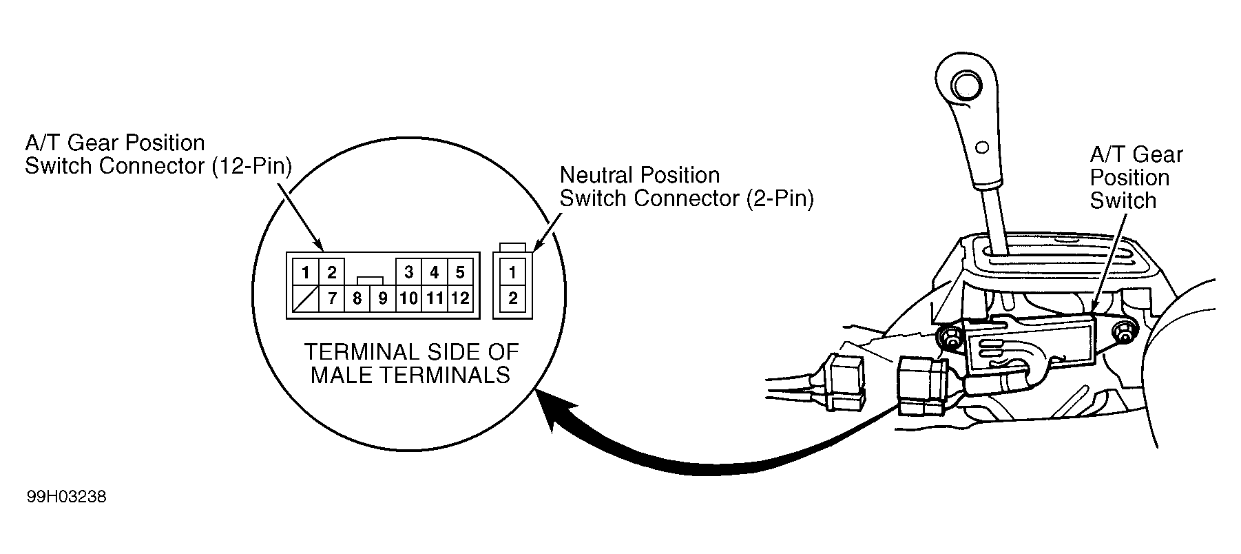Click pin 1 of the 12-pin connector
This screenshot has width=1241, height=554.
pyautogui.click(x=304, y=273)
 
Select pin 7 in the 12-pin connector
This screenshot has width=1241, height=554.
pyautogui.click(x=331, y=299)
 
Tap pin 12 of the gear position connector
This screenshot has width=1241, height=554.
pyautogui.click(x=460, y=299)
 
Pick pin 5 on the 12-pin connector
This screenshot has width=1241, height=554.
pyautogui.click(x=460, y=273)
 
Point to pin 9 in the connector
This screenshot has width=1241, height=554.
pyautogui.click(x=383, y=299)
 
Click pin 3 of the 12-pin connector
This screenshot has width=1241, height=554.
pyautogui.click(x=408, y=273)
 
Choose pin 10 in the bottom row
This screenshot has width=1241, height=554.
pyautogui.click(x=408, y=299)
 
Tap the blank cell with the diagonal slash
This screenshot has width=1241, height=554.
pyautogui.click(x=304, y=299)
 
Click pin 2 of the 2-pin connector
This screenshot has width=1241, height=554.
pyautogui.click(x=512, y=299)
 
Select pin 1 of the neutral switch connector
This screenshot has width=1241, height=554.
pyautogui.click(x=512, y=273)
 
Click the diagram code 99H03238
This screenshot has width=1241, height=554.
pyautogui.click(x=67, y=497)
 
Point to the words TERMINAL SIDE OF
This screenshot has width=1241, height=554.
pyautogui.click(x=411, y=353)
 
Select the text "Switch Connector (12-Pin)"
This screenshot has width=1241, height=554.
pyautogui.click(x=158, y=166)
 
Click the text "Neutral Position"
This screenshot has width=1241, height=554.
pyautogui.click(x=640, y=175)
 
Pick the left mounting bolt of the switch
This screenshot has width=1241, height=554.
pyautogui.click(x=951, y=338)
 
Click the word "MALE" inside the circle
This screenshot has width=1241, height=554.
pyautogui.click(x=348, y=376)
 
